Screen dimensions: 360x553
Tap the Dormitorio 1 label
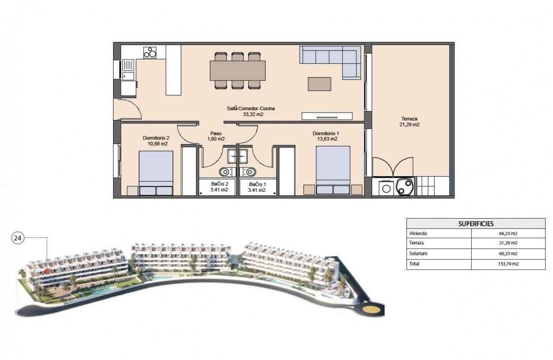pyautogui.click(x=325, y=136)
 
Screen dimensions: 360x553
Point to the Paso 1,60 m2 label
pyautogui.click(x=216, y=136)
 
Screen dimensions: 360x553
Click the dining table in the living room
pyautogui.click(x=237, y=71)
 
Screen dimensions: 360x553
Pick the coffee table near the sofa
pyautogui.click(x=319, y=84)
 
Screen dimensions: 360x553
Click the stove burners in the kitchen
pyautogui.click(x=150, y=53)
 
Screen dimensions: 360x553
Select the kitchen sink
pyautogui.click(x=128, y=70)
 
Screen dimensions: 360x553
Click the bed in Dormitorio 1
pyautogui.click(x=333, y=171)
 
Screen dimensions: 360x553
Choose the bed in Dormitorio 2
pyautogui.click(x=156, y=173)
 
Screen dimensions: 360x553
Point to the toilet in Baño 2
pyautogui.click(x=225, y=172)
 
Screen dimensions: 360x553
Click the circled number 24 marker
pyautogui.click(x=18, y=239)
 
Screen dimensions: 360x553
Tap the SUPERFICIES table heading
pyautogui.click(x=476, y=224)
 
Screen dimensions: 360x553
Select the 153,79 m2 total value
pyautogui.click(x=508, y=264)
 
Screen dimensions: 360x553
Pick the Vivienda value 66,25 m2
pyautogui.click(x=508, y=234)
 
